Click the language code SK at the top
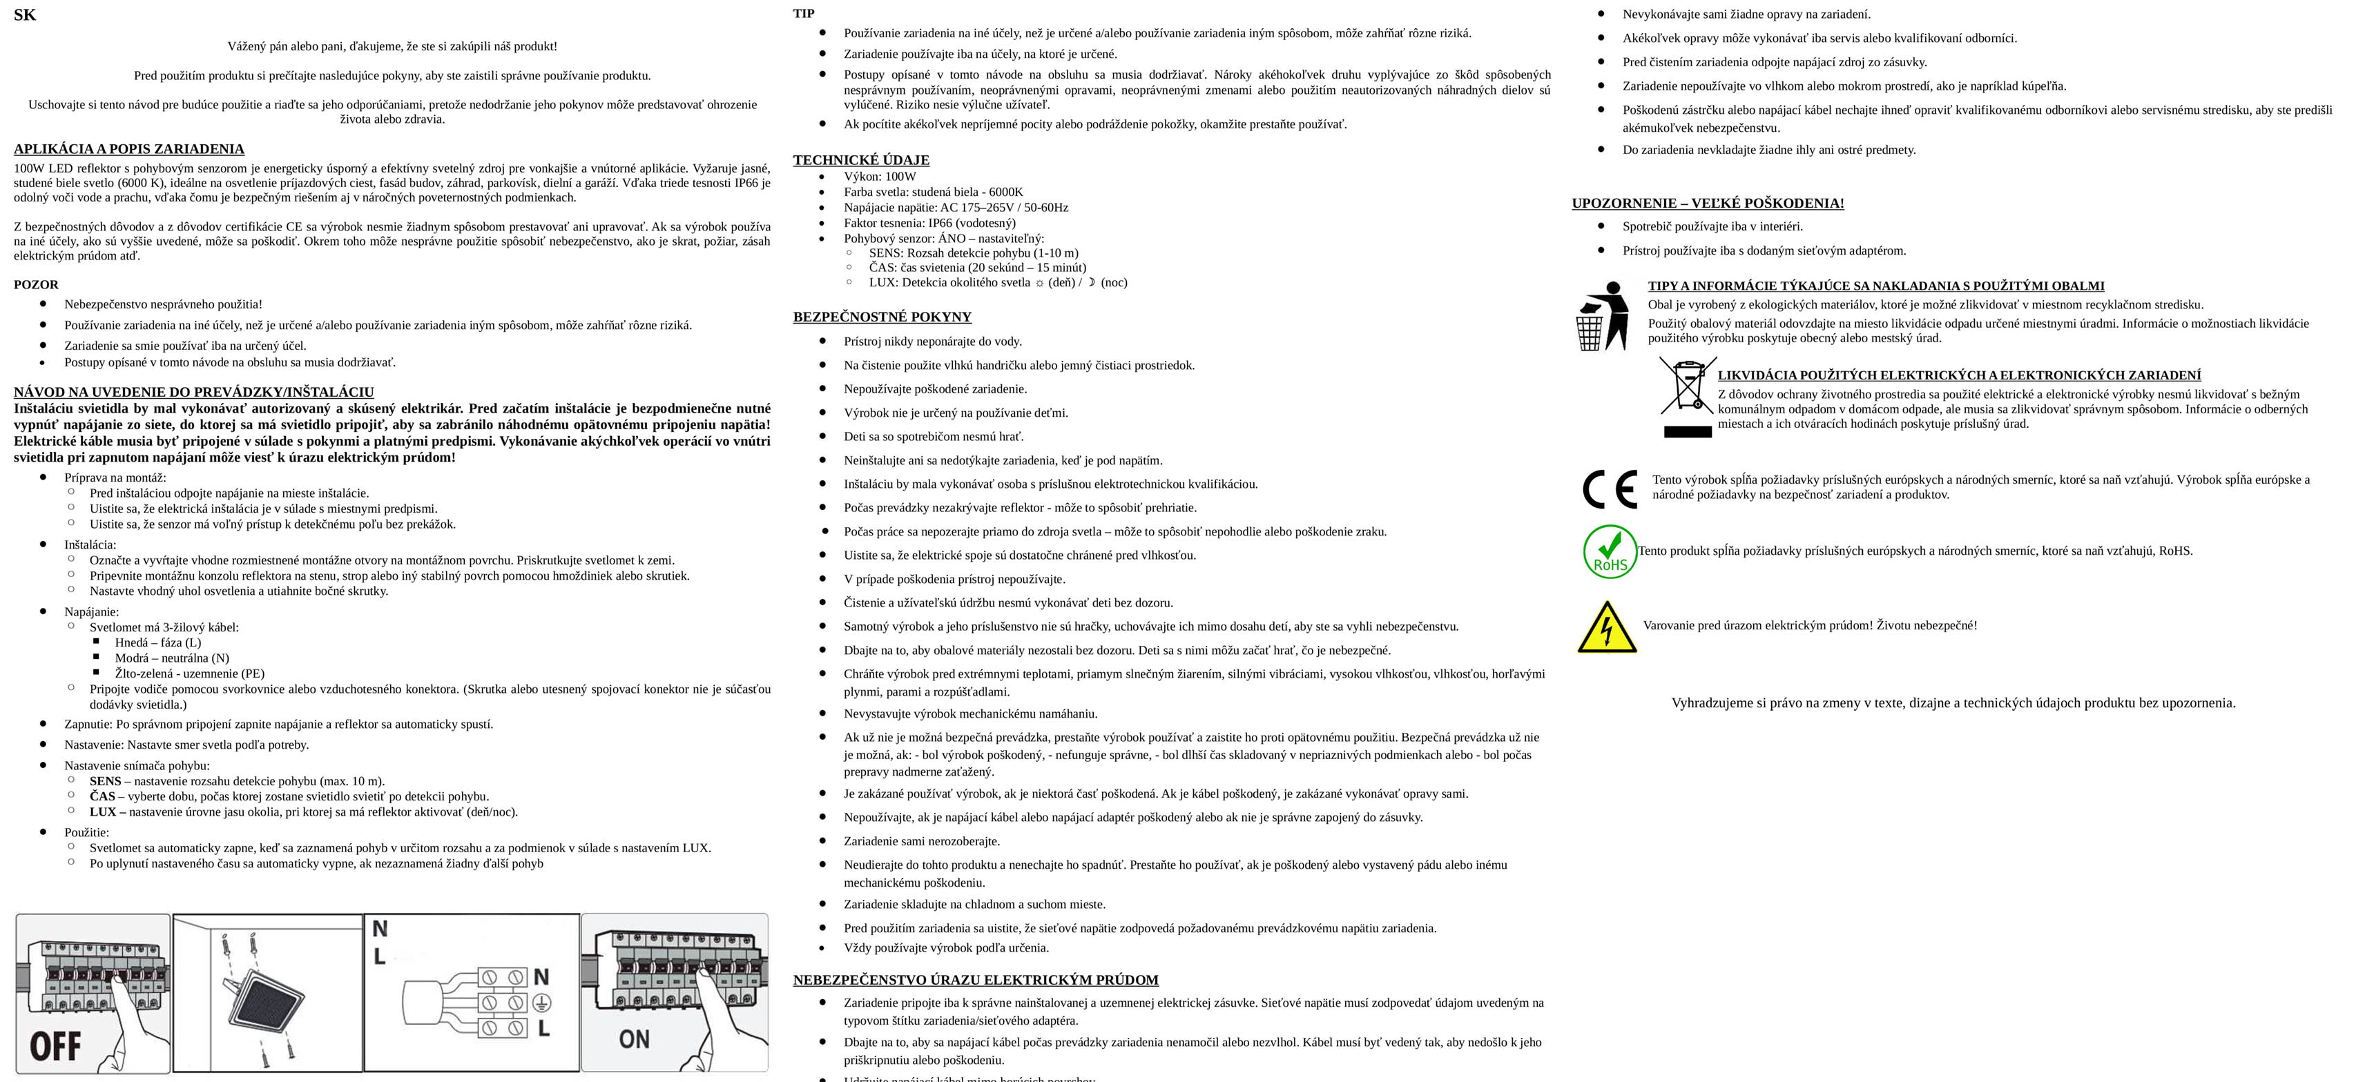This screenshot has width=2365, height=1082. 25,14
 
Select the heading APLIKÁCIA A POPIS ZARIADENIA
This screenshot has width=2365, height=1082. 128,148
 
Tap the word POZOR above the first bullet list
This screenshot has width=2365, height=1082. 36,284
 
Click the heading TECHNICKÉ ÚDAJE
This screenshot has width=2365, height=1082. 860,159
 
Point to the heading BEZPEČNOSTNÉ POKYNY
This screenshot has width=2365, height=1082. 881,317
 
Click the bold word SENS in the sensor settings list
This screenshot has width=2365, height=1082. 105,781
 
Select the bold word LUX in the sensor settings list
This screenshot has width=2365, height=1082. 102,811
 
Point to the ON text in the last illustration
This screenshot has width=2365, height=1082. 633,1039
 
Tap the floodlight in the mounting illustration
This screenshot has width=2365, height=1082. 267,1004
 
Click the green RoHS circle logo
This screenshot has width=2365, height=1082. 1610,551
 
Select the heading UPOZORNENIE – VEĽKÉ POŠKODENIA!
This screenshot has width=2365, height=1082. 1707,203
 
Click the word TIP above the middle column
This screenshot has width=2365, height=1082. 803,13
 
